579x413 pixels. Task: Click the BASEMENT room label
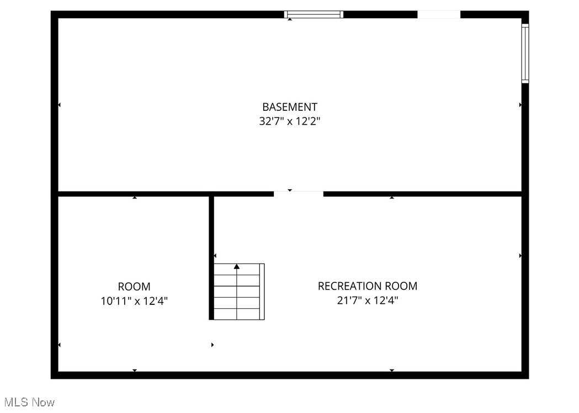pos(289,107)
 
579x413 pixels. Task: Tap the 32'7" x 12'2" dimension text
pos(289,121)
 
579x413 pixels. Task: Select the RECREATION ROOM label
pos(367,286)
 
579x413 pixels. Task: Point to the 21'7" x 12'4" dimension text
pos(367,301)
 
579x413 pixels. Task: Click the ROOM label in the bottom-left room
pos(134,287)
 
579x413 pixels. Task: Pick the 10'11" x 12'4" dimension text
pos(134,301)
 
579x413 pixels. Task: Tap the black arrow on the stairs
pos(237,267)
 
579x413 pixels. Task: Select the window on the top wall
pos(314,14)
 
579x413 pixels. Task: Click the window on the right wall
pos(525,53)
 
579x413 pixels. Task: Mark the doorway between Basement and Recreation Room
pos(299,194)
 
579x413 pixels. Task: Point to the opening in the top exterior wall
pos(439,14)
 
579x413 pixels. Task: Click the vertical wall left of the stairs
pos(211,257)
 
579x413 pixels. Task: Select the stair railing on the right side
pos(262,292)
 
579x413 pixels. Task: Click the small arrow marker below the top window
pos(290,20)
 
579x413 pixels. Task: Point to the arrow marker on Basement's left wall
pos(60,104)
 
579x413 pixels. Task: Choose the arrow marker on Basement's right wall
pos(520,104)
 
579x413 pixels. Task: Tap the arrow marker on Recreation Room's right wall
pos(520,256)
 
